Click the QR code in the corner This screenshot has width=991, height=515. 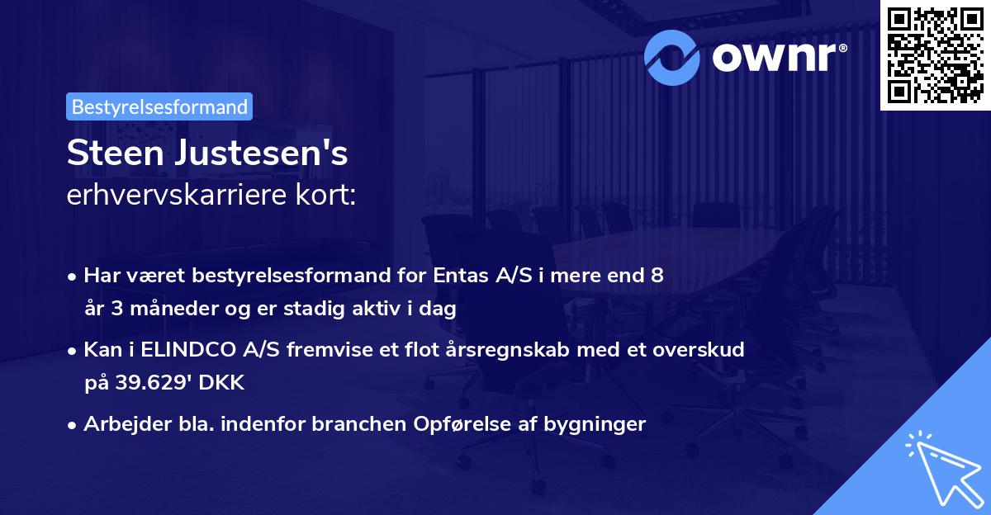coord(935,54)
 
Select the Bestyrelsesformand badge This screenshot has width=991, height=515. coord(159,106)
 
